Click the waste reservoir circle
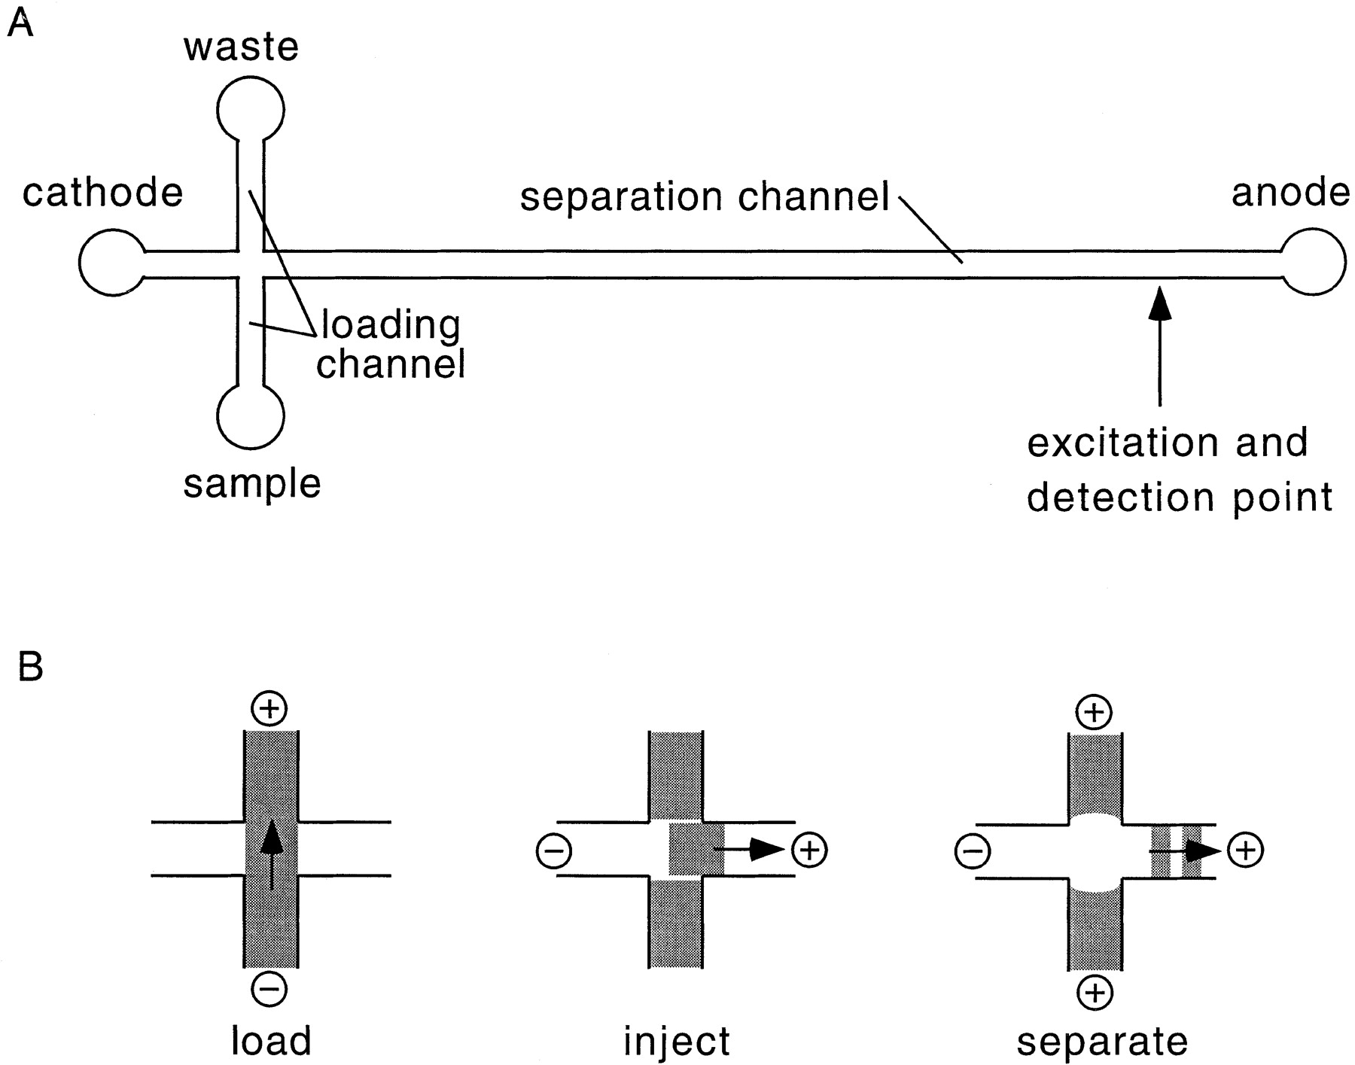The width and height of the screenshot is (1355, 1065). pos(251,78)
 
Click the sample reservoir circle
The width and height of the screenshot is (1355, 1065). pos(251,449)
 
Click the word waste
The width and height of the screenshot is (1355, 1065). pos(241,47)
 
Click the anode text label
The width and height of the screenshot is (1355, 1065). pos(1290,193)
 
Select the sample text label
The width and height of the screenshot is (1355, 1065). pos(252,485)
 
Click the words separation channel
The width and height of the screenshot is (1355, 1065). pos(705,196)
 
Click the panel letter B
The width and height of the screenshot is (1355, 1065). pos(30,666)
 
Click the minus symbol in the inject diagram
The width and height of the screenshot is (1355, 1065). pos(554,851)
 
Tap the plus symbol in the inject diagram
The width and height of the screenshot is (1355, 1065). pos(809,850)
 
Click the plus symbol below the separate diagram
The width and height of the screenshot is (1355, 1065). pos(1095,993)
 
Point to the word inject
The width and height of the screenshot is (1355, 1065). pos(676,1042)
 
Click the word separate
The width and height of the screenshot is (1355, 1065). pos(1102,1043)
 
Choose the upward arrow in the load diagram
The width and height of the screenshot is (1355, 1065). pos(272,857)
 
